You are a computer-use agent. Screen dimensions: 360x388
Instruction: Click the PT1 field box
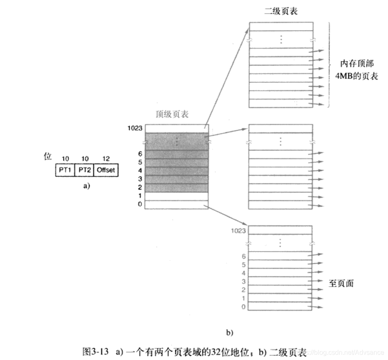click(65, 170)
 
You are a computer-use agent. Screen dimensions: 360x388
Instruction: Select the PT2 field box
click(85, 170)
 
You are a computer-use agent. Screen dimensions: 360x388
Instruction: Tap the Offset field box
click(106, 170)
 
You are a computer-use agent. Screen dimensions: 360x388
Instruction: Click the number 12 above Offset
click(106, 159)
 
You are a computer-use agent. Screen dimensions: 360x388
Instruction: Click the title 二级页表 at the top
click(281, 12)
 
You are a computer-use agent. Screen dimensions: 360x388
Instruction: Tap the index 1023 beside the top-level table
click(135, 129)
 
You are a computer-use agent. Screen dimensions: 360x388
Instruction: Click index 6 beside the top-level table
click(140, 154)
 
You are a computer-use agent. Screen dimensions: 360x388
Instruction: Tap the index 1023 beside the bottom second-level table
click(239, 231)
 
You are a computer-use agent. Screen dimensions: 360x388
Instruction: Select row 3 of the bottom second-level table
click(280, 281)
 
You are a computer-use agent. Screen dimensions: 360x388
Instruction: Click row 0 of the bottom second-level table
click(280, 307)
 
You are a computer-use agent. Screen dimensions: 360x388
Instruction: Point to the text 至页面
click(341, 284)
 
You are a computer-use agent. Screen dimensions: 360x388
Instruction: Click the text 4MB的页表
click(357, 76)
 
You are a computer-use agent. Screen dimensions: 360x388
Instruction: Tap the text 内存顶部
click(357, 64)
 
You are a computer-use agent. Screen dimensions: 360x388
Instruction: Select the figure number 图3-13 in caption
click(96, 352)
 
